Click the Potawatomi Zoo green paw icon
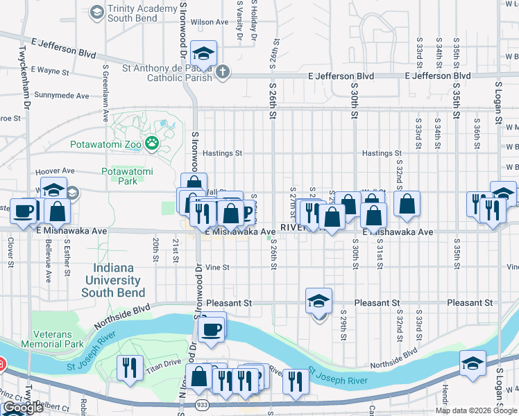coord(152,144)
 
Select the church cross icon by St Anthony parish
coord(222,71)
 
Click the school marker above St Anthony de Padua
coord(203,53)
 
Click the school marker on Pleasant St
coord(318,302)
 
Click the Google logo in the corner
coord(23,408)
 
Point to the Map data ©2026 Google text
coord(476,410)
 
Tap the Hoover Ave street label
coord(54,171)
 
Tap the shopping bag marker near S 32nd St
coord(407,204)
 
